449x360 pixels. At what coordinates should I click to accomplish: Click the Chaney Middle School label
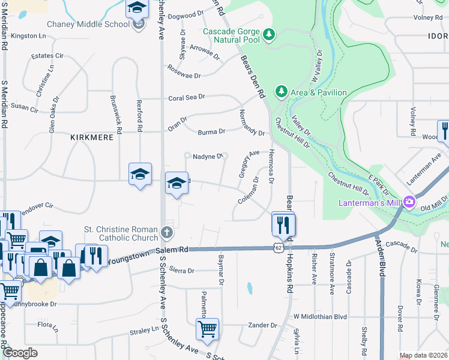(88, 24)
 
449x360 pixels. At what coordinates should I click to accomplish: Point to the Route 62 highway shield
(279, 247)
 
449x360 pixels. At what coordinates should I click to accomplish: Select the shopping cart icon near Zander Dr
(207, 328)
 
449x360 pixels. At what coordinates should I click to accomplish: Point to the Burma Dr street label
(211, 131)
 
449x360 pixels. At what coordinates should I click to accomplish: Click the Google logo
(20, 353)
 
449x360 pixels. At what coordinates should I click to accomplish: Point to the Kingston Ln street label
(28, 36)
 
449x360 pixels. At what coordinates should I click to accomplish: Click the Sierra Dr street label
(182, 271)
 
